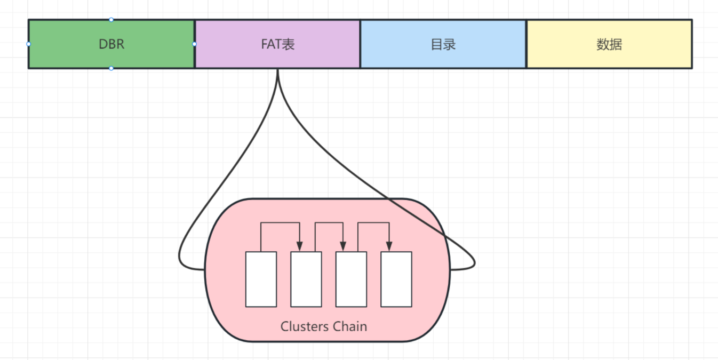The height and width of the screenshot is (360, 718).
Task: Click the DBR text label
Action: coord(111,44)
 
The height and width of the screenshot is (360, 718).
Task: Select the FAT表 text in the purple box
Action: coord(277,44)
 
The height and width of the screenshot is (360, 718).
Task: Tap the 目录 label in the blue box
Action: coord(443,44)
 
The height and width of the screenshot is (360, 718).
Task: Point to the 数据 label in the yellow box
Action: coord(609,44)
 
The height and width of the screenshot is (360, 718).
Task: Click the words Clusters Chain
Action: coord(324,326)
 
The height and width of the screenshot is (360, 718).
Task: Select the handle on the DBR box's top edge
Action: coord(111,20)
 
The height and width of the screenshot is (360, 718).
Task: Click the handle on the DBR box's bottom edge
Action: coord(111,68)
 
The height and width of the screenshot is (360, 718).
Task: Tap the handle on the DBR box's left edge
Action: coord(28,44)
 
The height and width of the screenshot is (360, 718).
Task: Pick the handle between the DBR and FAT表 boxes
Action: coord(194,44)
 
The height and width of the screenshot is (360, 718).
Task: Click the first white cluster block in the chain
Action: coord(261,279)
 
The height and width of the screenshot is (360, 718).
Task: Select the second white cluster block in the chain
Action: coord(306,279)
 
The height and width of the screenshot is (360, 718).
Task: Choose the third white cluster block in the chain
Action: coord(351,279)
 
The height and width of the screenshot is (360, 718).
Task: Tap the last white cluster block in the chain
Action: coord(396,279)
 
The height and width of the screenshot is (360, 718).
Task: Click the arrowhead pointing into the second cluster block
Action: coord(300,246)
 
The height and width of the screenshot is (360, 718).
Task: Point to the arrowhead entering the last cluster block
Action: coord(389,246)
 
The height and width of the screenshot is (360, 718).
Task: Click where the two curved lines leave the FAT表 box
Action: coord(278,70)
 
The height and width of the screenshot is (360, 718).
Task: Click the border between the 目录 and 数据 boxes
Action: coord(526,44)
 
